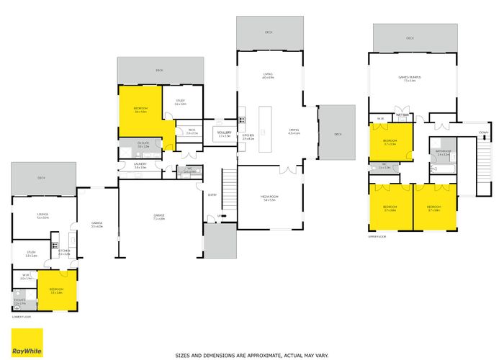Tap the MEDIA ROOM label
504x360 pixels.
[x=269, y=197]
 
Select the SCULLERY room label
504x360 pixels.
[x=225, y=133]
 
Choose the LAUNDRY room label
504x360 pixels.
[x=140, y=165]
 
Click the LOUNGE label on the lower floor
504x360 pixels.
[x=42, y=215]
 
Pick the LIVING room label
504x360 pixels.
[x=269, y=75]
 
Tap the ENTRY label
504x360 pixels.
[x=212, y=194]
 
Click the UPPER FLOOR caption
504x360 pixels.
[x=378, y=235]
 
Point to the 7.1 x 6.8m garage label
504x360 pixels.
[x=159, y=216]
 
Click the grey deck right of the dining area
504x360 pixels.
[x=337, y=134]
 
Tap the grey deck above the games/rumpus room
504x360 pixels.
[x=415, y=40]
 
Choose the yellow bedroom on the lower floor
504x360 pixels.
[x=56, y=291]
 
